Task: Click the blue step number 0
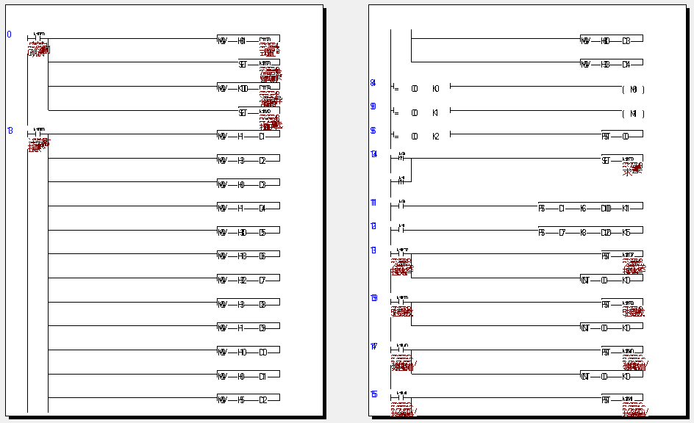10,35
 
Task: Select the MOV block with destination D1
248,135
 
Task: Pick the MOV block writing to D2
248,159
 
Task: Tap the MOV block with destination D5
248,232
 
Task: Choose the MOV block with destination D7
248,280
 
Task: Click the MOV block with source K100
248,88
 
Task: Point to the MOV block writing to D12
248,399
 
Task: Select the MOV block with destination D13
612,40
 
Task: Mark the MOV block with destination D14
612,65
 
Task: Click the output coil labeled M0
633,89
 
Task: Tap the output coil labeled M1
633,114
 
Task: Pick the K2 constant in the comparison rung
435,137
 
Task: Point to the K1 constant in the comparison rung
435,113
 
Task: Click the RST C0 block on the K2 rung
622,136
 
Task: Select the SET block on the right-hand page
622,160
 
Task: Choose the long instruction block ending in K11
590,208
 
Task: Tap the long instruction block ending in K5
590,232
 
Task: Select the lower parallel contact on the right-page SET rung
401,180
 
